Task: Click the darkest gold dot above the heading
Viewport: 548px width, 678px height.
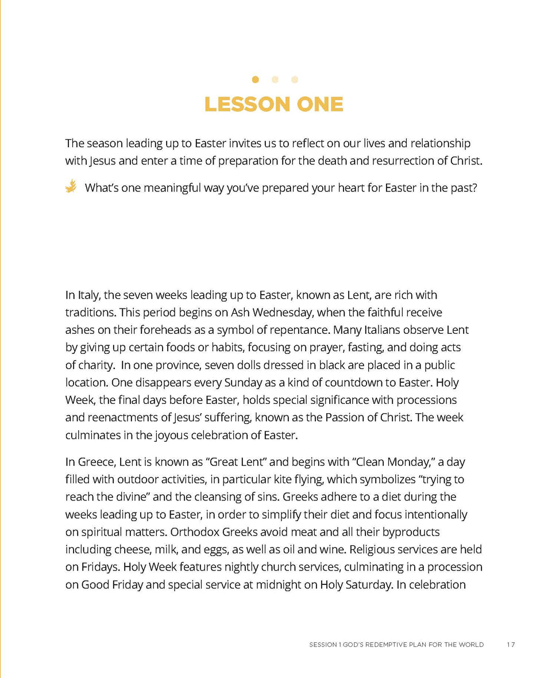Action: (x=255, y=79)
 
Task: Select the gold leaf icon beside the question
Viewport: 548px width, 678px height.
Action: (x=71, y=186)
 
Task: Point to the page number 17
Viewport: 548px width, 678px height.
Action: (x=511, y=645)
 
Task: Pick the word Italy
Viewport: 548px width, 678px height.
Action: (x=88, y=295)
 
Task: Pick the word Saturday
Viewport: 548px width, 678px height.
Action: (x=357, y=584)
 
